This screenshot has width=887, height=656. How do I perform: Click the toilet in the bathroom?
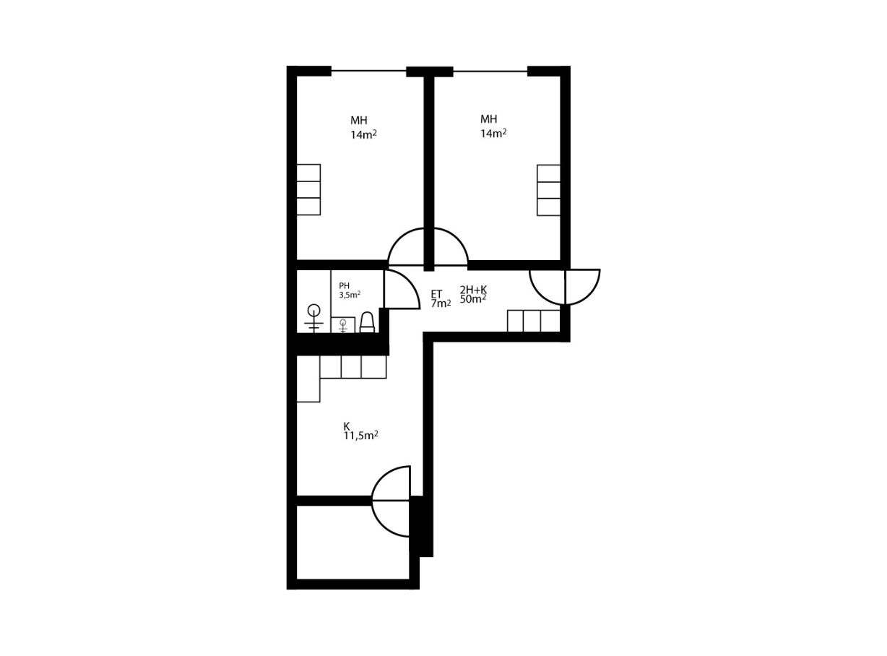coord(366,322)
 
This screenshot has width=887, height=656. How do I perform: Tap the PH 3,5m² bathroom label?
coord(350,290)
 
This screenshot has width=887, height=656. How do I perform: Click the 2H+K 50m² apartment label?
coord(473,294)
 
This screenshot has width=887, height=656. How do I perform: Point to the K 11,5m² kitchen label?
coord(360,431)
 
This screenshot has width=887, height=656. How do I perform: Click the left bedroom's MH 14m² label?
coord(363,127)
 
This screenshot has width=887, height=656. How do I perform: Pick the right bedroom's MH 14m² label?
coord(493,126)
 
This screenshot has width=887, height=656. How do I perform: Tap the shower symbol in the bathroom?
coord(314,319)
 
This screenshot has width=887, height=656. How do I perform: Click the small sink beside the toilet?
coord(342,325)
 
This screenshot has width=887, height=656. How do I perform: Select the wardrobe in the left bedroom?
coord(308,189)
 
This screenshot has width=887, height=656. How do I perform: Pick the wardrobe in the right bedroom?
coord(548,191)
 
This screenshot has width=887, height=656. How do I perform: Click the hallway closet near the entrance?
coord(534,321)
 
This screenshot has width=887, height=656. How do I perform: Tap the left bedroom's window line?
coord(368,71)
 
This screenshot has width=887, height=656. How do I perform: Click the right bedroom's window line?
coord(490,72)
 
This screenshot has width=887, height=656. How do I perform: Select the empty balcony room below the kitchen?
coord(352,542)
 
